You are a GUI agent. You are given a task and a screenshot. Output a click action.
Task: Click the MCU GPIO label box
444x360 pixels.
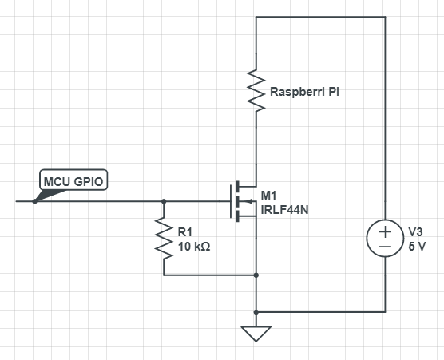(x=73, y=180)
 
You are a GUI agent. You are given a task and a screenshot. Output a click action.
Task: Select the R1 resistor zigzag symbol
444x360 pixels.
(x=164, y=238)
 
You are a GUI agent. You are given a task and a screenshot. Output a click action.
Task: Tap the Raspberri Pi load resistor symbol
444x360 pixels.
(x=256, y=90)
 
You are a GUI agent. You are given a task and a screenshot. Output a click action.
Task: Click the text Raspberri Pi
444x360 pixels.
(x=304, y=92)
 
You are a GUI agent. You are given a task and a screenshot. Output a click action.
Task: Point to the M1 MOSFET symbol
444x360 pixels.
(x=244, y=201)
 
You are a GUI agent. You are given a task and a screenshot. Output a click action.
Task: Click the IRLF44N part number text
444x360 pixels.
(x=284, y=210)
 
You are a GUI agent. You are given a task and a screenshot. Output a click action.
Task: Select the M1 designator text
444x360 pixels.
(x=268, y=196)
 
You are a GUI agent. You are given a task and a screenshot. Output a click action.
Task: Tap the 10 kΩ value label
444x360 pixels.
(x=194, y=247)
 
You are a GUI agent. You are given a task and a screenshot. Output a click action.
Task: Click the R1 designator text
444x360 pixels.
(x=185, y=232)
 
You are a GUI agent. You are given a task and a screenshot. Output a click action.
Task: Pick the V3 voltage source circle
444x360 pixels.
(x=385, y=239)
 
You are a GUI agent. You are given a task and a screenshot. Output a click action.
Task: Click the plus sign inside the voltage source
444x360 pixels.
(x=385, y=232)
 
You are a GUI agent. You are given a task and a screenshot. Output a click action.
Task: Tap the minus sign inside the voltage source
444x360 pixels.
(x=385, y=247)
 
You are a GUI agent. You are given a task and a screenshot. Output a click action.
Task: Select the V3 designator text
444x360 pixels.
(x=415, y=232)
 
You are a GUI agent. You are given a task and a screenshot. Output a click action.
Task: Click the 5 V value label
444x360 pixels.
(x=417, y=247)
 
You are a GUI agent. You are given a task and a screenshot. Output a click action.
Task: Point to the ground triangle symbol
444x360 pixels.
(x=256, y=334)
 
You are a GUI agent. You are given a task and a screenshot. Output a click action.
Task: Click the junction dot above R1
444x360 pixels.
(x=164, y=201)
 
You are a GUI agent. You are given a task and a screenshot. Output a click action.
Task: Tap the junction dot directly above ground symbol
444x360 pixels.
(x=256, y=312)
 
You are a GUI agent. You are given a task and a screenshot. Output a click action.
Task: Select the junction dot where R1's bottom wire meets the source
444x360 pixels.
(x=256, y=275)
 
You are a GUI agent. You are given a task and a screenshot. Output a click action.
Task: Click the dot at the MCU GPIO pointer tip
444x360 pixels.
(x=34, y=201)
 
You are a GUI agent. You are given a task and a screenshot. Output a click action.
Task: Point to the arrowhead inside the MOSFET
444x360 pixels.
(x=249, y=201)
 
